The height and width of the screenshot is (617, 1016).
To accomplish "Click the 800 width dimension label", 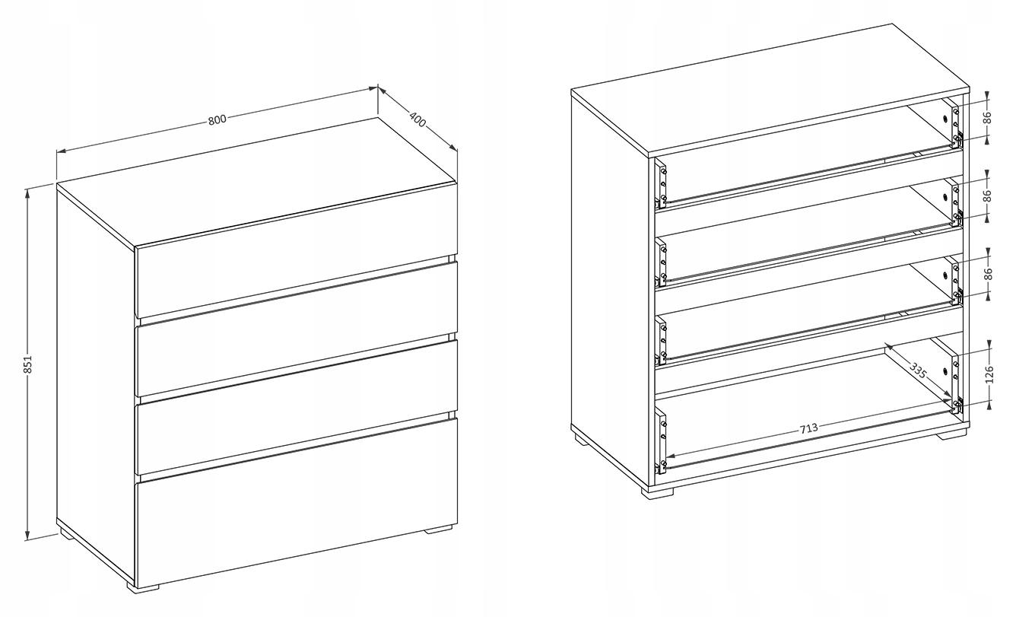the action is (217, 119).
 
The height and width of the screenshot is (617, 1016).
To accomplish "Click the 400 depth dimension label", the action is (418, 119).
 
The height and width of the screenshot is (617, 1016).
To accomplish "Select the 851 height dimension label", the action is (27, 364).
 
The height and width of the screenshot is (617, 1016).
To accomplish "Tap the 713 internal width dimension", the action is (808, 428).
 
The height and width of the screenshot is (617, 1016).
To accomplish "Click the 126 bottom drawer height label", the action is (989, 374).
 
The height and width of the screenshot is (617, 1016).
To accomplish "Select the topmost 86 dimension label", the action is (988, 117).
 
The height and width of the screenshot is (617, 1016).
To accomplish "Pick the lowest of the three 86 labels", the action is (989, 274).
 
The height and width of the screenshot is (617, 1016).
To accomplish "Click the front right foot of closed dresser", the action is (438, 528).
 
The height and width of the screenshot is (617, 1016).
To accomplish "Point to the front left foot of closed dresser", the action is (143, 588).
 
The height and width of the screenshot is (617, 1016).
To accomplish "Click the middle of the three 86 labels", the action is (988, 195).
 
